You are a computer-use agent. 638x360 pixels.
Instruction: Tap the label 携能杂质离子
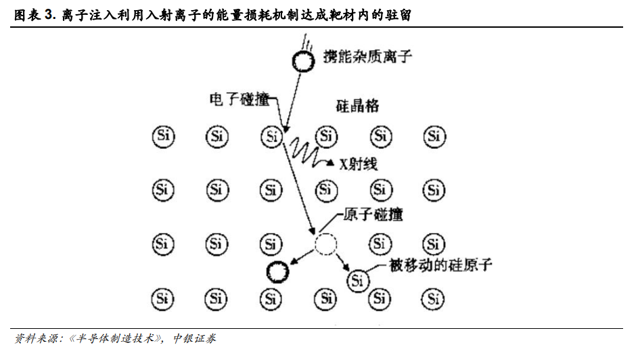[367, 56]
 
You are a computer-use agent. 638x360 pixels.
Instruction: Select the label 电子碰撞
[240, 99]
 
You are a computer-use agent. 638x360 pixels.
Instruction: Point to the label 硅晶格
[357, 106]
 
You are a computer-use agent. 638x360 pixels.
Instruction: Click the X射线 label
[359, 164]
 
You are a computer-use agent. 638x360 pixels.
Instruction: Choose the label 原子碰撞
[373, 215]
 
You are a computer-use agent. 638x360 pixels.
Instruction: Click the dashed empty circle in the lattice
[325, 244]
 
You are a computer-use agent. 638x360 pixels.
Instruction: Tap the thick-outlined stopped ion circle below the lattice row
[277, 272]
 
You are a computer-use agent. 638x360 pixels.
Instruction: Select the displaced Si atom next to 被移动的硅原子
[358, 280]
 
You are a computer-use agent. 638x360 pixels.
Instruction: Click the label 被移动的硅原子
[440, 265]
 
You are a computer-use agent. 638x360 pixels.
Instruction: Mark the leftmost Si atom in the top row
[164, 136]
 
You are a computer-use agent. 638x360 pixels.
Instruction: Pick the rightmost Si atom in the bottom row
[433, 299]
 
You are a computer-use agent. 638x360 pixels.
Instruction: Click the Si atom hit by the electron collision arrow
[272, 136]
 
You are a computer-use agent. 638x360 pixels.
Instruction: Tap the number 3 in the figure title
[49, 15]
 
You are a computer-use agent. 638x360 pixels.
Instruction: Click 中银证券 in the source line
[194, 338]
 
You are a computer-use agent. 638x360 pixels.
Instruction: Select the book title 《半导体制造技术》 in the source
[115, 338]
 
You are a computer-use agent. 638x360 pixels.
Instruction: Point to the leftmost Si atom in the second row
[163, 190]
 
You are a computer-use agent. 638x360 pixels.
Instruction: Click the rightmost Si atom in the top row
[434, 136]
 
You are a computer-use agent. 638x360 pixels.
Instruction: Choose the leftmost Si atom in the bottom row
[162, 299]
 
